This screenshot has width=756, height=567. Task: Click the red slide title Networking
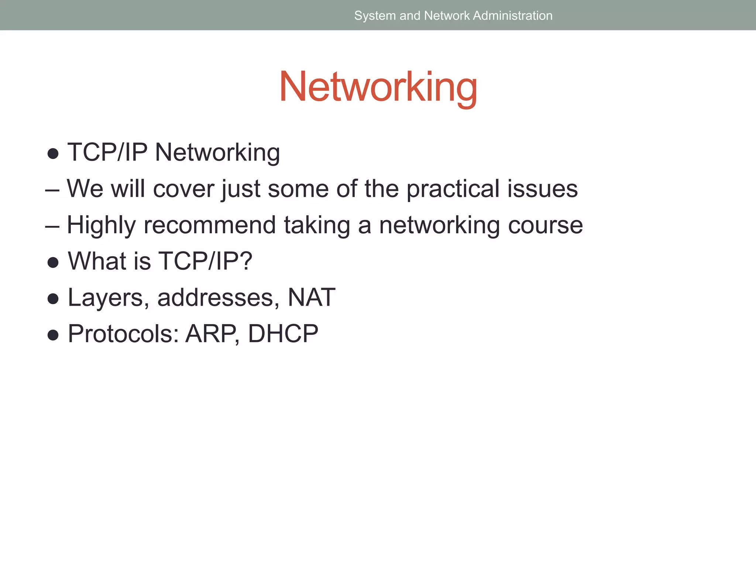coord(378,87)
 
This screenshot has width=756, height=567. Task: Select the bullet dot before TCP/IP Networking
coord(53,154)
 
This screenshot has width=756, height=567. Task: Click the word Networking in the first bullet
coord(217,152)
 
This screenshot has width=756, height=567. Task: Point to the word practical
coord(453,189)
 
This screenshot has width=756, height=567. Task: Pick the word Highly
coord(101,225)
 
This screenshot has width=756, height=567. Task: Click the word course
coord(545,225)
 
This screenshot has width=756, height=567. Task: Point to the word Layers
coord(105,298)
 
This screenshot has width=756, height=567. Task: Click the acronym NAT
coord(311,298)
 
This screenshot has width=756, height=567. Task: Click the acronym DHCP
coord(283,334)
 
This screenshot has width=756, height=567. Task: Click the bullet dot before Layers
coord(53,299)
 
